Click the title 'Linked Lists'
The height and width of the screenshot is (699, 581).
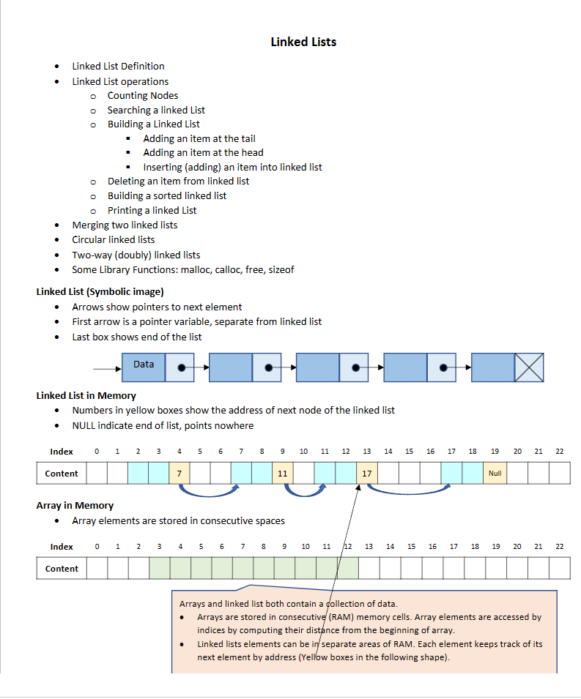click(303, 42)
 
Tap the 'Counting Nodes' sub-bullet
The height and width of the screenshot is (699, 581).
click(142, 96)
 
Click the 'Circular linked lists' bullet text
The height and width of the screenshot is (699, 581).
click(113, 240)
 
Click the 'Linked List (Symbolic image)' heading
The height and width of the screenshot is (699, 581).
click(100, 292)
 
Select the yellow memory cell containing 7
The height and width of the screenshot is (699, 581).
click(179, 474)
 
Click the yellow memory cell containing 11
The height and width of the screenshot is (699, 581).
click(282, 474)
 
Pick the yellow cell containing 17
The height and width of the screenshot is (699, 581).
click(366, 474)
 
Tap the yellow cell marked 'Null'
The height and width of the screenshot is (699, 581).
click(495, 474)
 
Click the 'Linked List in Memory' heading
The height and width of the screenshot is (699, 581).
click(86, 396)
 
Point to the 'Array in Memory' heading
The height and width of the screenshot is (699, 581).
click(75, 506)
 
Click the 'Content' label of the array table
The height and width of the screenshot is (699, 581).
click(62, 569)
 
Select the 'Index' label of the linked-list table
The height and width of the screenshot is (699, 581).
click(62, 452)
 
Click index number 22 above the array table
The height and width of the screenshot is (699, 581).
click(559, 547)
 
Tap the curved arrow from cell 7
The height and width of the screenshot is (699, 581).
click(210, 493)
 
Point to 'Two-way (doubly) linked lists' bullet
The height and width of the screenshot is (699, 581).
click(136, 255)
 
